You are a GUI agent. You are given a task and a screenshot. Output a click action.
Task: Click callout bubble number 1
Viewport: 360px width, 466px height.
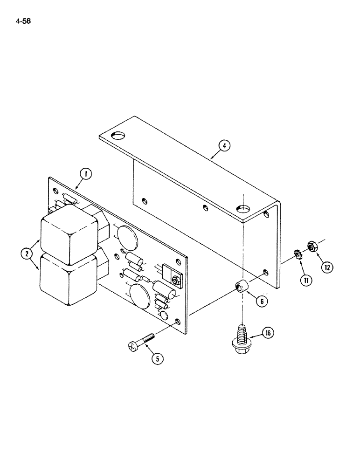tap(85, 174)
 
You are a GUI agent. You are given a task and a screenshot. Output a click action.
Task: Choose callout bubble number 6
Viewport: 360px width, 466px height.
tap(262, 302)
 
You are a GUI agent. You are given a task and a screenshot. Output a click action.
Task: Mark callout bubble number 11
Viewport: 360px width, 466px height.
tap(307, 280)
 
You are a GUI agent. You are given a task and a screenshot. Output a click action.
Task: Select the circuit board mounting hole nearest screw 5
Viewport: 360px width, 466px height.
tap(178, 322)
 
